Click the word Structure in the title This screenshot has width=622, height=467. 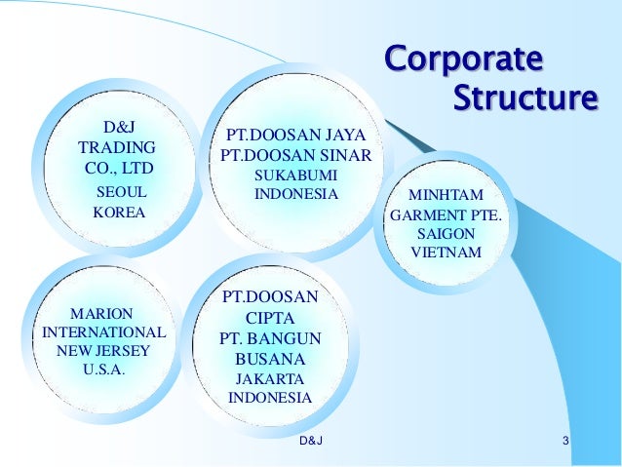click(525, 98)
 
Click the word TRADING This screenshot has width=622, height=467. click(117, 148)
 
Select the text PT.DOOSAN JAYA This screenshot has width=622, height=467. click(295, 135)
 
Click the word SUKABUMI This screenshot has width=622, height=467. click(295, 175)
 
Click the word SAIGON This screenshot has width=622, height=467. click(446, 235)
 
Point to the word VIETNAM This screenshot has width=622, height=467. click(446, 253)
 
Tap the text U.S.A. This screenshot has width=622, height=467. click(104, 370)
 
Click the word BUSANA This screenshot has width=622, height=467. click(270, 359)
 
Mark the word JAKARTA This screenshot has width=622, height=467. click(270, 378)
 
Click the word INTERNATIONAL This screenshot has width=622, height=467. click(104, 331)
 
